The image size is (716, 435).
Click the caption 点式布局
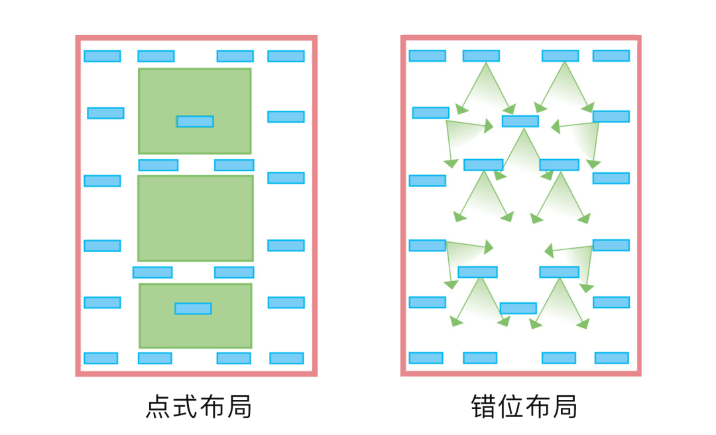coord(198,406)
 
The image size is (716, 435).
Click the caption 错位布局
coord(524,406)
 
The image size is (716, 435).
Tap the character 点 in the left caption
coord(158,406)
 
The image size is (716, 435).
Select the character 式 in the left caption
coord(185,406)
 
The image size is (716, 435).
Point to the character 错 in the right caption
coord(484,406)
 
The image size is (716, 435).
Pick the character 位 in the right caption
coord(510,406)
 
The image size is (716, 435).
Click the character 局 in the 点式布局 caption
coord(239,406)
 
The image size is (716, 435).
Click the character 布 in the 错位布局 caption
coord(537,406)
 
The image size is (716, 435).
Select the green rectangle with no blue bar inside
coord(196,218)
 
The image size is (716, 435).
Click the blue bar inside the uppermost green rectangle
coord(195,121)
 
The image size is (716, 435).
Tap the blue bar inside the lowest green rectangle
coord(193,308)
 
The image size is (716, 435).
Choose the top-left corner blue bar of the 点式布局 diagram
coord(102,56)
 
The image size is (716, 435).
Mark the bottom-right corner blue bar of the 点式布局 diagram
coord(286,358)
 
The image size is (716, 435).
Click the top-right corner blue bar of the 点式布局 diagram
coord(286,56)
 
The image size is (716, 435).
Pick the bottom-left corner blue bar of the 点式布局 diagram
coord(101,358)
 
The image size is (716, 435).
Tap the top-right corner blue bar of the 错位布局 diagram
coord(611,56)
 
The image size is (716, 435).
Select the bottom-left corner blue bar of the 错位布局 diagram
coord(426,358)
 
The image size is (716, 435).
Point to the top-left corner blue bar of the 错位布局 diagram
coord(427,56)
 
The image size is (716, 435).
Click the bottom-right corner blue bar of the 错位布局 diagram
coord(611,358)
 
